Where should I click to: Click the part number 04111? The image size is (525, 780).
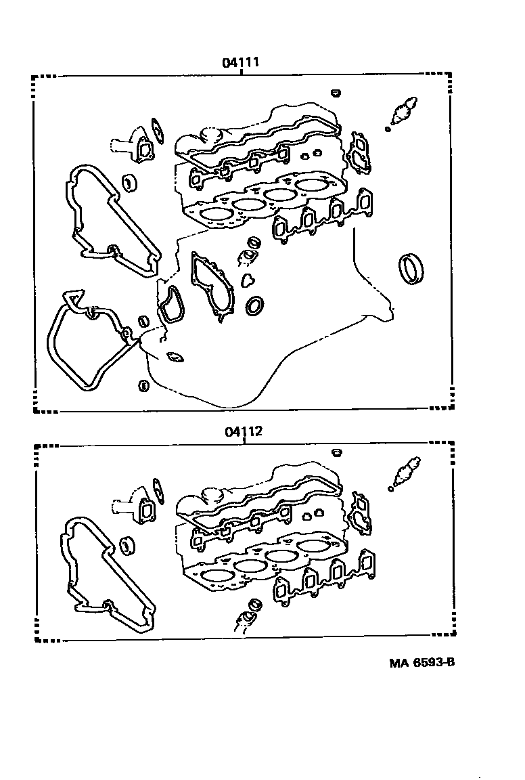coord(241,63)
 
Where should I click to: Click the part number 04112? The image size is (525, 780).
coord(243,431)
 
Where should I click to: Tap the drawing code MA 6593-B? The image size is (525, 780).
coord(421,663)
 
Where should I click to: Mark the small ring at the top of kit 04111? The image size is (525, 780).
coord(336,93)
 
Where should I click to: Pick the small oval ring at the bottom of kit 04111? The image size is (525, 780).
coord(143,385)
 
